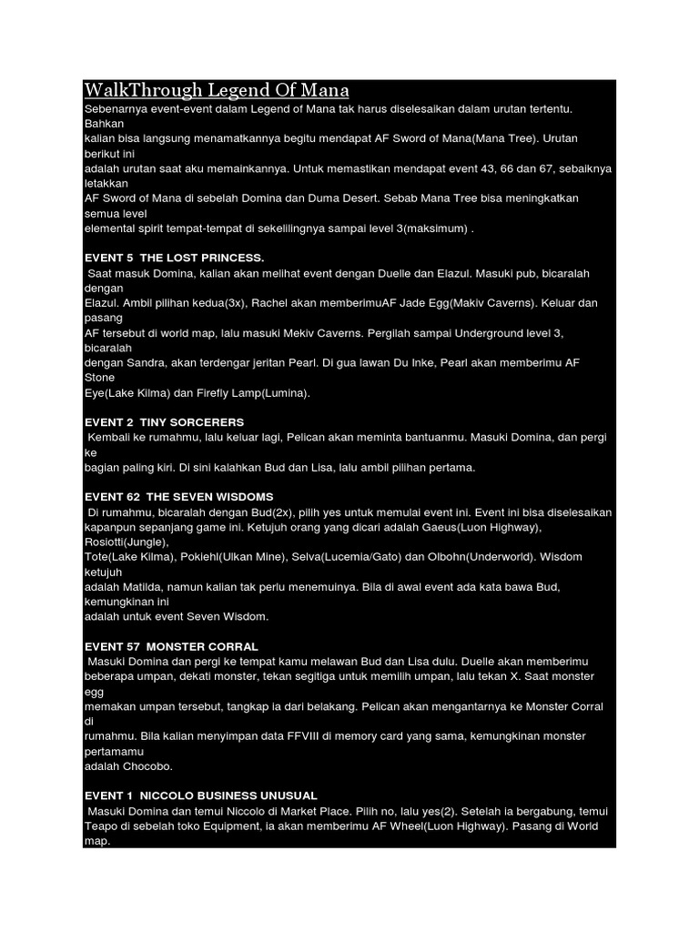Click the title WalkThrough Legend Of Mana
217,91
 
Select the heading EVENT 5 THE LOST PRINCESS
174,258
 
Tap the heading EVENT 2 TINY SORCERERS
165,422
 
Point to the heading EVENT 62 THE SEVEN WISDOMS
179,496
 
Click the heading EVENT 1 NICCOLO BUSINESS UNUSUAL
201,795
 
